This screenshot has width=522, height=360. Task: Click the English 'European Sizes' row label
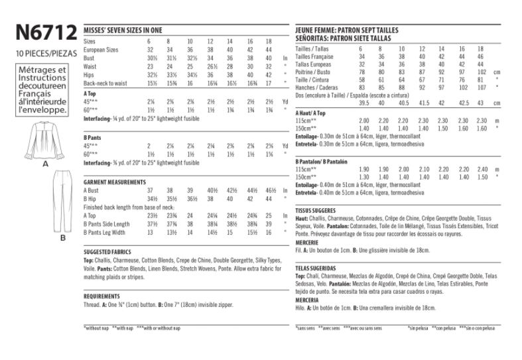(x=101, y=50)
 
